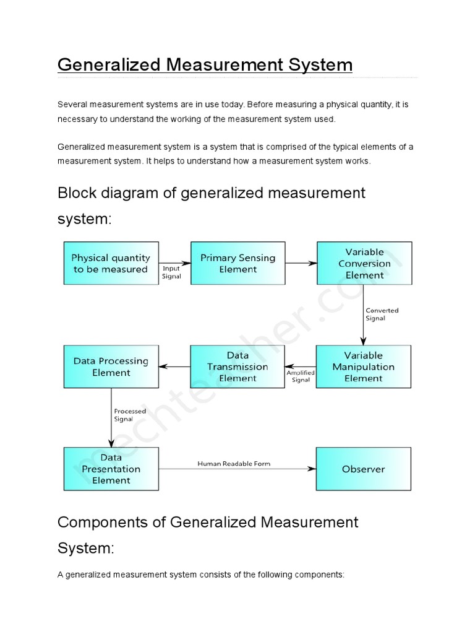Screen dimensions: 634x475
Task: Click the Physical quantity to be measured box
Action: [x=111, y=263]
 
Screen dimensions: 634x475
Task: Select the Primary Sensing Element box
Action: [x=237, y=263]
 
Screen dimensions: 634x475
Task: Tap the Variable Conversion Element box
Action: [x=364, y=263]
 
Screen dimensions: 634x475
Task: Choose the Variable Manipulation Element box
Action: [x=363, y=367]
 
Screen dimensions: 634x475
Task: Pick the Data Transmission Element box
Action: [x=237, y=367]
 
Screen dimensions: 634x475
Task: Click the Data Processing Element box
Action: [x=111, y=367]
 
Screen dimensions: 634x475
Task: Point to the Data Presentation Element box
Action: [x=111, y=469]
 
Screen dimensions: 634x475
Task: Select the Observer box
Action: [x=363, y=469]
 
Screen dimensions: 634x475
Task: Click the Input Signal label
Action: [x=171, y=272]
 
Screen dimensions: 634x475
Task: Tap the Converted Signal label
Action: [x=382, y=314]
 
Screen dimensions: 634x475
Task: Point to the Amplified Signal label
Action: [x=301, y=376]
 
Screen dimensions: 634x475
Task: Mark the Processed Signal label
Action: [x=130, y=415]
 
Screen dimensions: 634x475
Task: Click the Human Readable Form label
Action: [x=234, y=463]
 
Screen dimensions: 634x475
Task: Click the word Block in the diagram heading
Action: [x=76, y=193]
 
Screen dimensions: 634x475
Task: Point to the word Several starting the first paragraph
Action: [x=71, y=105]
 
